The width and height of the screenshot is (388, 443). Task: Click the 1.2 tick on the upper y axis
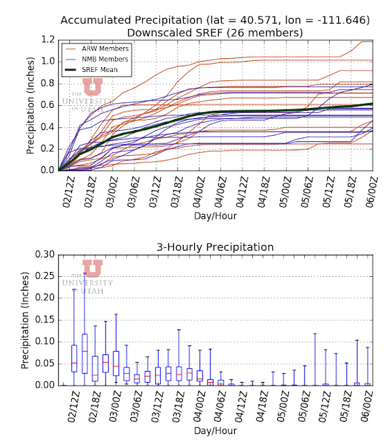(48, 39)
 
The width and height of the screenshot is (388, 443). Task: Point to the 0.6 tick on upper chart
(48, 105)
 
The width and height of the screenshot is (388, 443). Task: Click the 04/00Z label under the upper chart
(200, 192)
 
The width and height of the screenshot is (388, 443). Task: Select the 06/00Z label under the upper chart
(371, 192)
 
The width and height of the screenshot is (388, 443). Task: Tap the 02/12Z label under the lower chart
(74, 407)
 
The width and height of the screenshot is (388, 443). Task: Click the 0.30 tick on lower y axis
(44, 255)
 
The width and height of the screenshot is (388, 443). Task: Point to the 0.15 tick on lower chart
(44, 320)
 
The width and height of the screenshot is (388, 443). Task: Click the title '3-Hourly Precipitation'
(215, 247)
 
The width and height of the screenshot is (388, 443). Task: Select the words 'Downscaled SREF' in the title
(175, 33)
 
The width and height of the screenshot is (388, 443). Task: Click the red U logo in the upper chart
(92, 87)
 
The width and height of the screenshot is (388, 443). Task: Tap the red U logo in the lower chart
(92, 269)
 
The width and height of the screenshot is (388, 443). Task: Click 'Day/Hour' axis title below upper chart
(215, 216)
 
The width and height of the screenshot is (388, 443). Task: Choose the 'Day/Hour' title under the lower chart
(215, 431)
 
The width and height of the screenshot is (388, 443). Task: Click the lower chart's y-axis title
(25, 320)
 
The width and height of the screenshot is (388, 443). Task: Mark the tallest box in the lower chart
(85, 354)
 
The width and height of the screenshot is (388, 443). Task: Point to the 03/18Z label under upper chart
(178, 192)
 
